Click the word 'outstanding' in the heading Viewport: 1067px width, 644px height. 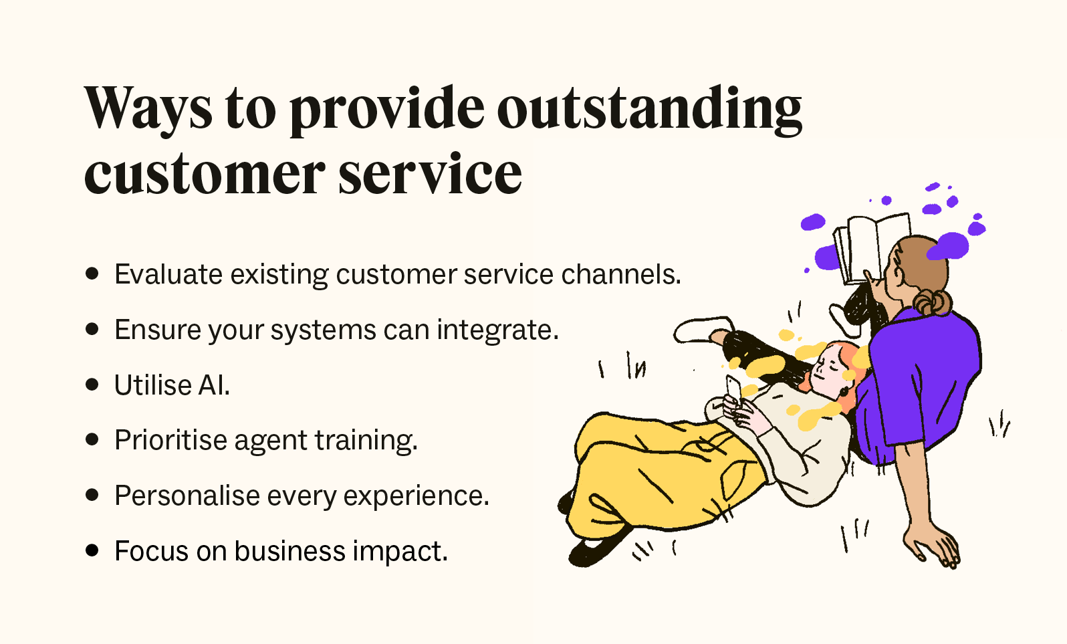(x=648, y=109)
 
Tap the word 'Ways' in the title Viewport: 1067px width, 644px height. (x=148, y=109)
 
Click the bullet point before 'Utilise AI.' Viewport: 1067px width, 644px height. (x=92, y=385)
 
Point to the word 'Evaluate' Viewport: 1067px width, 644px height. (x=168, y=274)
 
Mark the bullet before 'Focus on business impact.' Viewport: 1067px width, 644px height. (x=92, y=551)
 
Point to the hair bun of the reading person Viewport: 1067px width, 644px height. (x=934, y=302)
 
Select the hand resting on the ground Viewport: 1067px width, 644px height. (x=933, y=545)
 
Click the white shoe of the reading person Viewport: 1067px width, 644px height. (x=699, y=330)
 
